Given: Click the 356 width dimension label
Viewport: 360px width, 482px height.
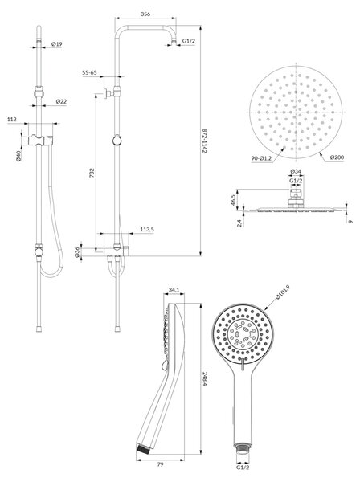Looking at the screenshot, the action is [145, 14].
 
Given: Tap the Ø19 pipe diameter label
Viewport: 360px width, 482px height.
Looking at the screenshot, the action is [56, 44].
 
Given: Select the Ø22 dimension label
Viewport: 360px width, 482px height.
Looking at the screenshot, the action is [61, 101].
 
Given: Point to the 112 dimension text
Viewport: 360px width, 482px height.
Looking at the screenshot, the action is [12, 119].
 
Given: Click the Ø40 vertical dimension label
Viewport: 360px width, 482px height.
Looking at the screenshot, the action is [18, 156].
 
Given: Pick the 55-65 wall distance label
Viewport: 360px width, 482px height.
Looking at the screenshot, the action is [89, 72].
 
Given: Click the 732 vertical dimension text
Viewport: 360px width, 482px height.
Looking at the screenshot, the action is [92, 172].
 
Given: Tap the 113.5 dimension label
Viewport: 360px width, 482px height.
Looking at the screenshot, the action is [147, 229].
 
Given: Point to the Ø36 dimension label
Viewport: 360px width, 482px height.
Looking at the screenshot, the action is [77, 252].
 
